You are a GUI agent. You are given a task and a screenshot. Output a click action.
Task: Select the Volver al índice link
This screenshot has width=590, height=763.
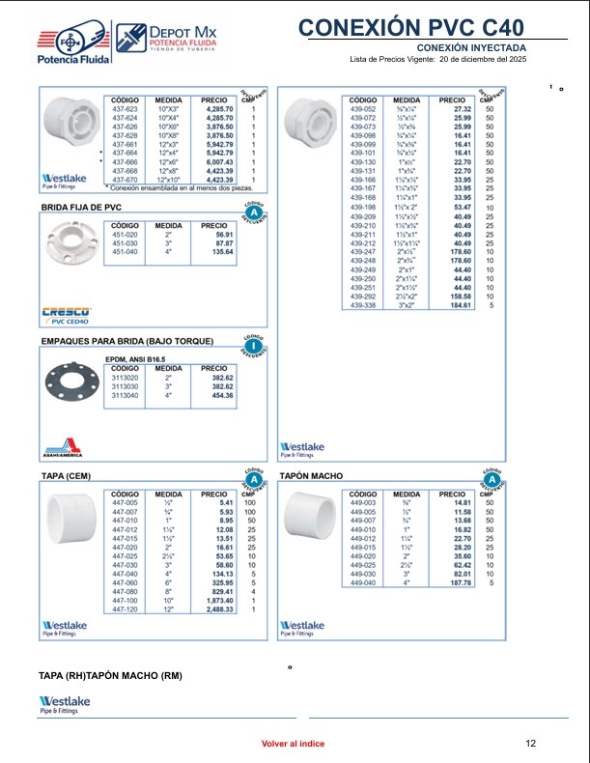click(293, 744)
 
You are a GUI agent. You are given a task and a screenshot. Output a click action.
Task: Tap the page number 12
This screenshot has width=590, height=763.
click(530, 744)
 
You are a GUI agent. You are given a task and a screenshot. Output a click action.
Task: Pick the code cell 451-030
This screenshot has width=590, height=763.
click(126, 242)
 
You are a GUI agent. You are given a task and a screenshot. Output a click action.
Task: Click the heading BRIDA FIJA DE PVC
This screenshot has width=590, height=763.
click(81, 208)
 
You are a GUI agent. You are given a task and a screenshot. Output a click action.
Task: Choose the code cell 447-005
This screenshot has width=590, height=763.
click(126, 503)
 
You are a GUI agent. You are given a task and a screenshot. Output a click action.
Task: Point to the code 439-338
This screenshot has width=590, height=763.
click(363, 305)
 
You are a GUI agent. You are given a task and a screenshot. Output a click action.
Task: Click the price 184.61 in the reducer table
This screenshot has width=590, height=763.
click(458, 305)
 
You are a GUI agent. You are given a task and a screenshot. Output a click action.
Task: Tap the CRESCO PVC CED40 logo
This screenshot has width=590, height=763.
click(66, 314)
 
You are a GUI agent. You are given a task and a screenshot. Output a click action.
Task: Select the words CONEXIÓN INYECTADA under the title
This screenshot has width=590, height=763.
click(471, 47)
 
